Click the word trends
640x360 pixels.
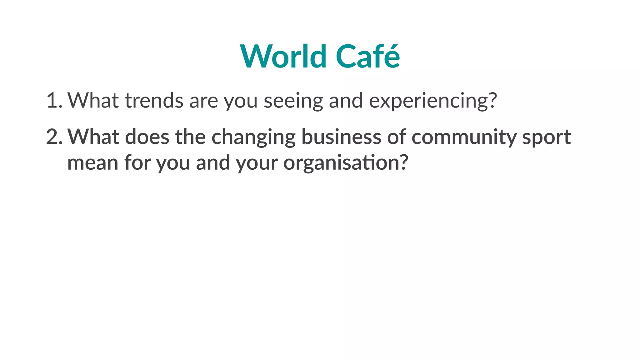pos(154,101)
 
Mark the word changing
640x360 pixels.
pos(253,137)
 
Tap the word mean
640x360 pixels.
pos(92,163)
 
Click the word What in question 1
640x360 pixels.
pos(93,101)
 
